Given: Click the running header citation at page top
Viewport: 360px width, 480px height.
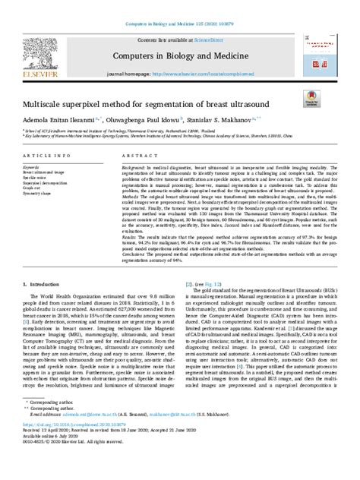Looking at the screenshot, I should [179, 7].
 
